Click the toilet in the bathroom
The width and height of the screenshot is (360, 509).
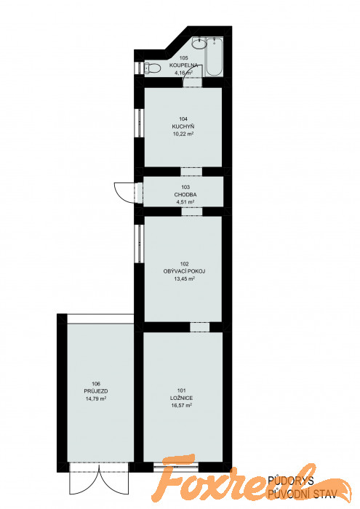[x=153, y=68]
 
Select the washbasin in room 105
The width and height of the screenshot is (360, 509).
[x=199, y=43]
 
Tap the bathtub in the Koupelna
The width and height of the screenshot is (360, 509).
[x=215, y=57]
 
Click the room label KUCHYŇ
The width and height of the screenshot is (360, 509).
[x=183, y=127]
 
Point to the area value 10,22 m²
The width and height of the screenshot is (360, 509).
[x=183, y=133]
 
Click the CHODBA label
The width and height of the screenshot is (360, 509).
[x=185, y=195]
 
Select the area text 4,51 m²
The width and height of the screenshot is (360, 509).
[x=185, y=202]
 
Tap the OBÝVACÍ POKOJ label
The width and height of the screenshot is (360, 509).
[x=184, y=271]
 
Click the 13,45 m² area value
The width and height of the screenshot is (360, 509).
[x=185, y=278]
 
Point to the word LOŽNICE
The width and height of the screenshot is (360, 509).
[x=182, y=398]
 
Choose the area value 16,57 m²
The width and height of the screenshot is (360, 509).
[x=182, y=405]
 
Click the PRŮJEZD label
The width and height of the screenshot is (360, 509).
[x=96, y=391]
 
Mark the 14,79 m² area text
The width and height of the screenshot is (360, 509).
[x=96, y=398]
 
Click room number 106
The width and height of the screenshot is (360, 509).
[x=96, y=384]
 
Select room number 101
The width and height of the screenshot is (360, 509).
[x=182, y=390]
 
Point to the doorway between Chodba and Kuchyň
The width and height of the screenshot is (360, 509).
[x=191, y=172]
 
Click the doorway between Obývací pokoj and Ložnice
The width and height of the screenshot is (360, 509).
[x=200, y=327]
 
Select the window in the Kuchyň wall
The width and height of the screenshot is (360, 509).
[x=139, y=123]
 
